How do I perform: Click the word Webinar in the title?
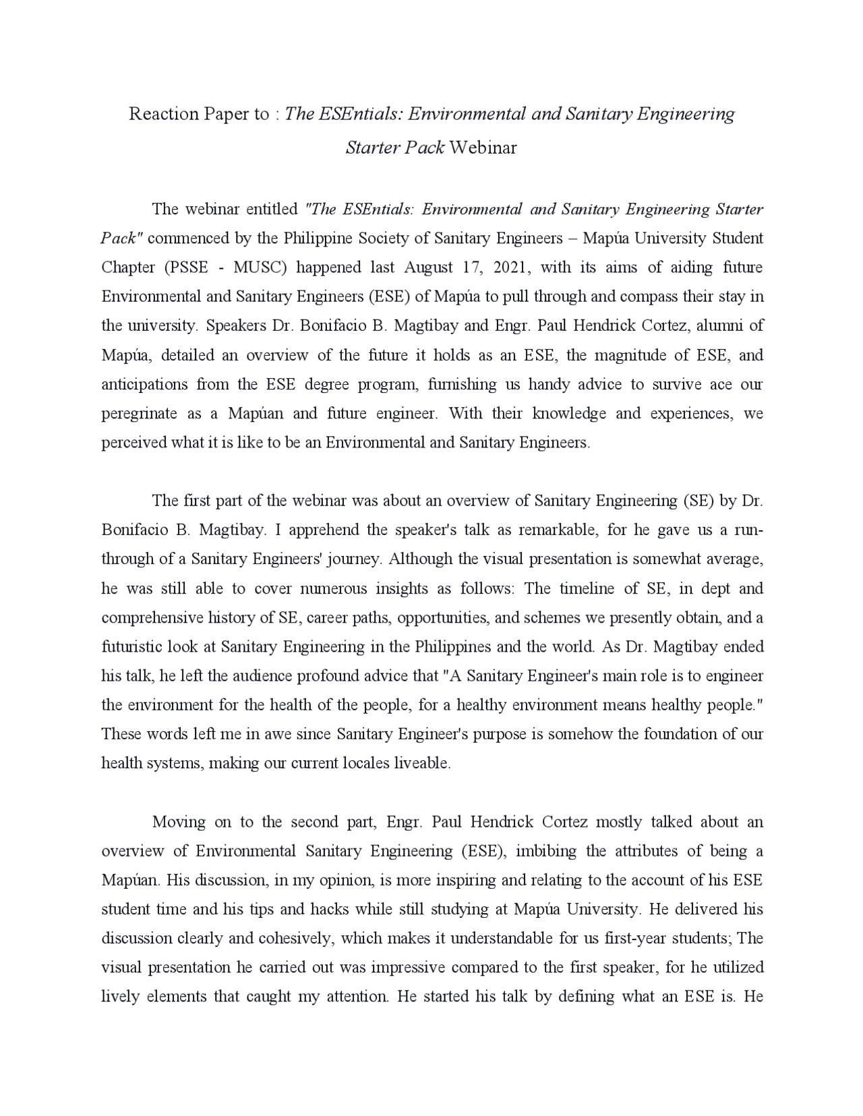click(x=483, y=148)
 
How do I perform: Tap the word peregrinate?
click(x=139, y=414)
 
